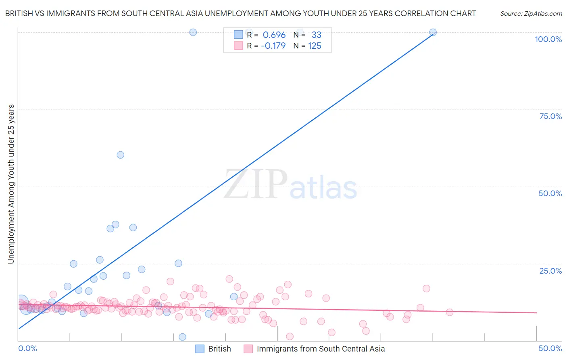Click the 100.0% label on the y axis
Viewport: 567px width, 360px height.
(x=548, y=39)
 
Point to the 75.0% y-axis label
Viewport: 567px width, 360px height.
(x=550, y=116)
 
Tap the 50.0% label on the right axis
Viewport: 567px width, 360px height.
(x=550, y=193)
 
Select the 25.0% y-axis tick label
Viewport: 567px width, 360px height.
(x=550, y=270)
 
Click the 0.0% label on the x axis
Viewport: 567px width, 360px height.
(x=27, y=348)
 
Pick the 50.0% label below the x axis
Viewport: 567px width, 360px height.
(x=550, y=348)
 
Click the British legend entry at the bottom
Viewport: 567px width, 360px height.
(x=219, y=349)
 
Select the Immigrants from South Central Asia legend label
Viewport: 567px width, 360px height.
(x=321, y=349)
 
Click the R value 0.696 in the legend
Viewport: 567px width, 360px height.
(x=274, y=35)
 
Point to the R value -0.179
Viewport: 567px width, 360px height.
(x=273, y=46)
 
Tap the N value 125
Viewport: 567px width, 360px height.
(x=315, y=46)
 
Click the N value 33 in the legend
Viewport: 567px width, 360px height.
(x=316, y=35)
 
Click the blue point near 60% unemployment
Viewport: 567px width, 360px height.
(x=120, y=155)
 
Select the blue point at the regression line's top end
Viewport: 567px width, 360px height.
(x=433, y=32)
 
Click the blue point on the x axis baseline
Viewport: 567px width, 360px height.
(x=182, y=337)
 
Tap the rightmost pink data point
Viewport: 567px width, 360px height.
(x=450, y=312)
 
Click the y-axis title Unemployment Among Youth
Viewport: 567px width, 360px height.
(x=11, y=184)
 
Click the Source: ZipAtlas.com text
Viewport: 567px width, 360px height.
(x=531, y=14)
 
